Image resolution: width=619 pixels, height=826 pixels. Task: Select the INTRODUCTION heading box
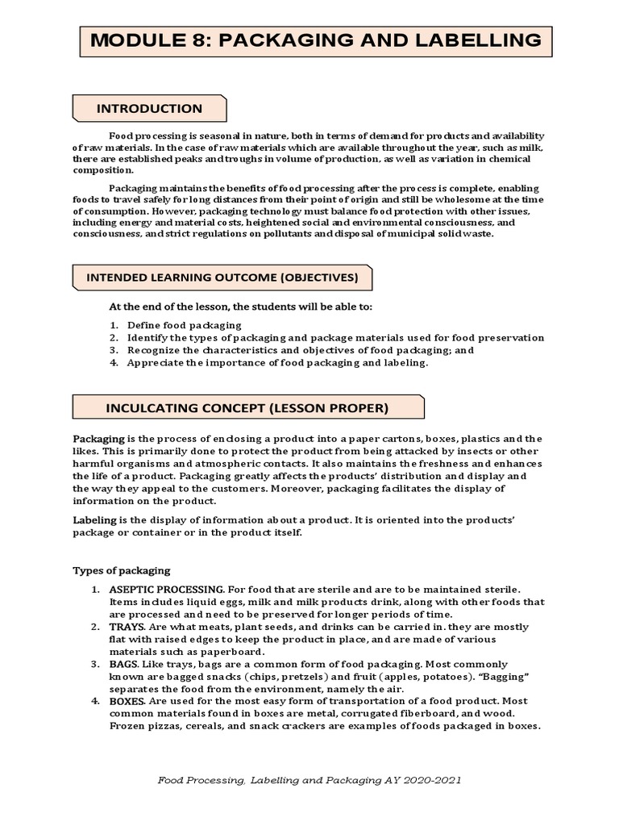tap(150, 108)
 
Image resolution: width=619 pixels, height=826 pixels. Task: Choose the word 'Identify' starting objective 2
tap(147, 338)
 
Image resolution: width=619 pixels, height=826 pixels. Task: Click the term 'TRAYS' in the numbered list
tap(127, 627)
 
